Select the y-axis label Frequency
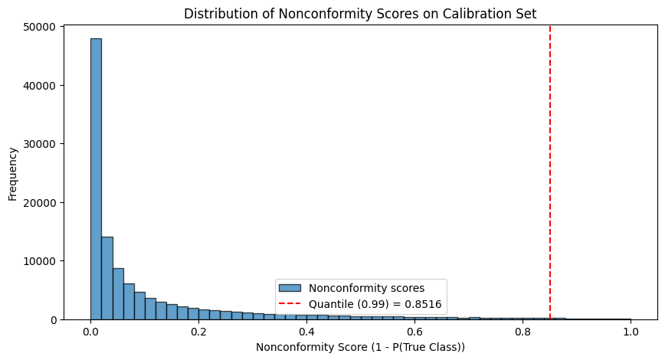[12, 172]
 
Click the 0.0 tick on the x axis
[90, 332]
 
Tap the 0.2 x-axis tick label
[198, 332]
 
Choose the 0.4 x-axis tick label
[306, 332]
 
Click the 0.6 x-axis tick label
[414, 332]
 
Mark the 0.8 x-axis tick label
[522, 332]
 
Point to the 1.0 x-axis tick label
[631, 332]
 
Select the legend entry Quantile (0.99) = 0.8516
[375, 304]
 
